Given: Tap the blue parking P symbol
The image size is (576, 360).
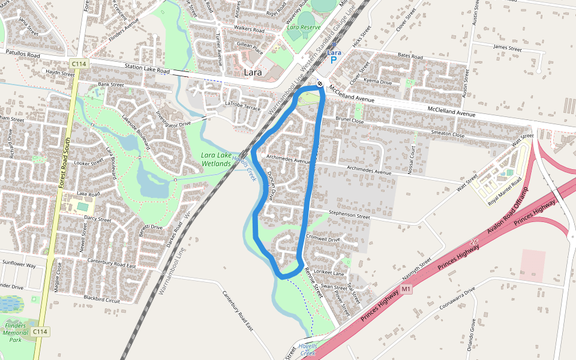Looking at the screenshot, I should pyautogui.click(x=334, y=61).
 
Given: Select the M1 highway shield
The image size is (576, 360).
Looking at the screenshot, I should pyautogui.click(x=406, y=290).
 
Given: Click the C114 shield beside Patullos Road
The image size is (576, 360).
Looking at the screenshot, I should pyautogui.click(x=78, y=64).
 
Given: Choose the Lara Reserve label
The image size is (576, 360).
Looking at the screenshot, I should pyautogui.click(x=303, y=27).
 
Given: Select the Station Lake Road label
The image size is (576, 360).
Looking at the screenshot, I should pyautogui.click(x=148, y=69).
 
